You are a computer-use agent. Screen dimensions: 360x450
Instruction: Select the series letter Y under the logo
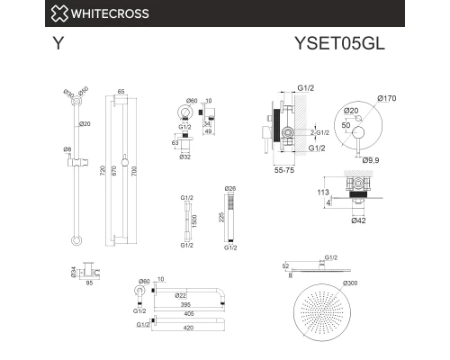(58, 42)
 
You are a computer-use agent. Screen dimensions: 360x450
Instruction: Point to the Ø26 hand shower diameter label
(229, 188)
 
